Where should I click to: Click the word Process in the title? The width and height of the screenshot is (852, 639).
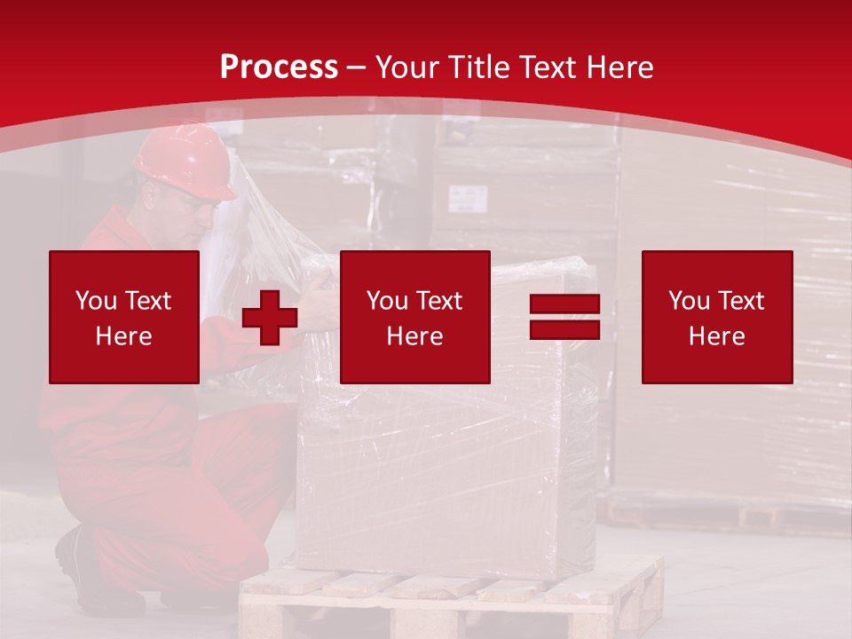coord(279,67)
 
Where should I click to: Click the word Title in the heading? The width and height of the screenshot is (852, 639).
coord(478,67)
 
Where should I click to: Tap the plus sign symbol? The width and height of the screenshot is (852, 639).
coord(270,318)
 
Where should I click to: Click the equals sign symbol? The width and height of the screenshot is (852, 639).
coord(564,318)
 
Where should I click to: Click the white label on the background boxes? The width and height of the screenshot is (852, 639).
coord(468,198)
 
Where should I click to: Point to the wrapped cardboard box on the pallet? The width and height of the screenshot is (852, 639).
coord(444,470)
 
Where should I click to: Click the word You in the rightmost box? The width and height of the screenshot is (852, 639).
coord(690,301)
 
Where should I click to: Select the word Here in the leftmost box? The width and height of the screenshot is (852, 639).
coord(124,336)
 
